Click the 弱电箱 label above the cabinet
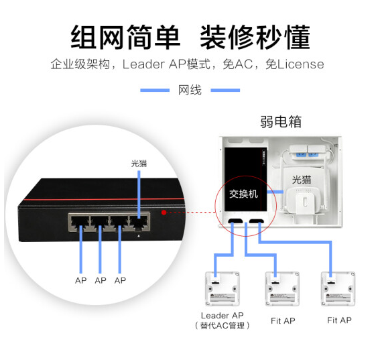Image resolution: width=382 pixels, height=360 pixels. [x=281, y=121]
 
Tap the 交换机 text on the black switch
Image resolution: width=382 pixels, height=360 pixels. [x=243, y=194]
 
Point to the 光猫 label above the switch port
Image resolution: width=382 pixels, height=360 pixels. [x=139, y=164]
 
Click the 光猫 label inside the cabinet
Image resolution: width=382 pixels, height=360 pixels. [x=302, y=180]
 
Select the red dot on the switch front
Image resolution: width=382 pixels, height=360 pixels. [x=164, y=213]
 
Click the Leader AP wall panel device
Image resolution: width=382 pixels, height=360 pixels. [x=222, y=289]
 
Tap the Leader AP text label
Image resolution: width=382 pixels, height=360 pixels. [x=222, y=315]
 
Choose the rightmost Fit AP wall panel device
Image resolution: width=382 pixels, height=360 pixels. [x=338, y=289]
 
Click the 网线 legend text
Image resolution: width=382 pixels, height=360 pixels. [x=190, y=91]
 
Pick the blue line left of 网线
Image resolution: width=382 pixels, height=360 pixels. [x=155, y=91]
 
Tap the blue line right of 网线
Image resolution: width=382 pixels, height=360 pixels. [x=225, y=91]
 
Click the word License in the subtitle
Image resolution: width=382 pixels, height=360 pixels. [x=301, y=64]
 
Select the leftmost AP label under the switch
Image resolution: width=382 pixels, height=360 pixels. [x=81, y=280]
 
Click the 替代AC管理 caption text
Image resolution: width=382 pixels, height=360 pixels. [x=222, y=326]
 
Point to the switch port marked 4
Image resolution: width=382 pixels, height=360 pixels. [x=139, y=223]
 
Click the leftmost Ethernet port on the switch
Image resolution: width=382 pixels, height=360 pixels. [x=80, y=223]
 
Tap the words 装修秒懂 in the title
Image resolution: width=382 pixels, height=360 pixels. [x=255, y=37]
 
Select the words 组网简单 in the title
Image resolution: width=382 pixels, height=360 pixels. [x=125, y=37]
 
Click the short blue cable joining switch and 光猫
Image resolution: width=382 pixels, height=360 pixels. [x=275, y=192]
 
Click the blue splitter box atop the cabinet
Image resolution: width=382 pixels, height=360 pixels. [x=308, y=152]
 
